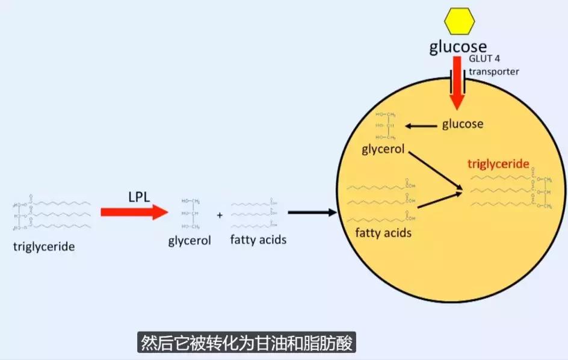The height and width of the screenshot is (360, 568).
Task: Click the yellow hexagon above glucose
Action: coord(459,21)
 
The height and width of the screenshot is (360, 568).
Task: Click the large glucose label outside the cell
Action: coord(457,47)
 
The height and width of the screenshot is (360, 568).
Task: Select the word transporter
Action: coord(493,71)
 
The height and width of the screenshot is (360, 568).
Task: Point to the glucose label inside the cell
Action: coord(463,124)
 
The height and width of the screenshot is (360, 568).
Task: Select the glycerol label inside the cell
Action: coord(383,148)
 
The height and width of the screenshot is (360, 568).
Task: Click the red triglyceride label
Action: coord(498,164)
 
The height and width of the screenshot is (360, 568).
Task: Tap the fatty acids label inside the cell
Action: coord(383,232)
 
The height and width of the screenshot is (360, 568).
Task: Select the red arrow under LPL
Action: coord(134,212)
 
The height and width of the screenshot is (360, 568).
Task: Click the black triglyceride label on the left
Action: coord(44,246)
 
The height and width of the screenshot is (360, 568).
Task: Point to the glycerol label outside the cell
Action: coord(190,241)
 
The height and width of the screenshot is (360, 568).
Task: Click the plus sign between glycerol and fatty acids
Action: coord(219,215)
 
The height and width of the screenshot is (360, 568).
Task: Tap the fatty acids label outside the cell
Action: coord(258,240)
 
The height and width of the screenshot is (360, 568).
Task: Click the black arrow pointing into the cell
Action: coord(312,212)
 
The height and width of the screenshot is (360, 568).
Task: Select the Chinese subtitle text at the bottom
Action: coord(247,343)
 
